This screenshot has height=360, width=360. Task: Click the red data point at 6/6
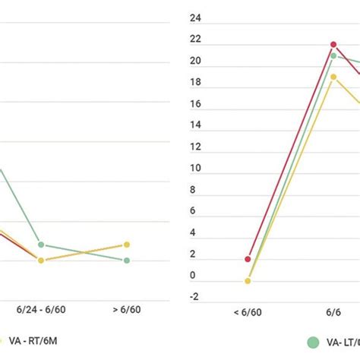click(x=333, y=45)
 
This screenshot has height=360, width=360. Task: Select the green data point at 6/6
click(x=333, y=55)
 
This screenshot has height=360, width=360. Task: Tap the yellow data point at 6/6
click(x=333, y=77)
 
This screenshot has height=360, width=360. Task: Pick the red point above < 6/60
click(x=248, y=259)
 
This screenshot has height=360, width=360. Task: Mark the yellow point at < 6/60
click(x=248, y=280)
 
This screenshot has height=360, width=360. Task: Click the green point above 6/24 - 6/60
click(x=41, y=245)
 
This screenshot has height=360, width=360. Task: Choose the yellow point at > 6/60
click(x=127, y=245)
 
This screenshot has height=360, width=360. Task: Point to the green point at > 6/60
click(x=127, y=261)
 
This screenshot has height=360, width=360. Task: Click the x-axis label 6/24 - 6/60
click(x=41, y=310)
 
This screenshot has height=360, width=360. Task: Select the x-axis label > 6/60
click(x=127, y=310)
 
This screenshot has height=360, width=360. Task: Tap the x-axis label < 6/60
click(x=248, y=311)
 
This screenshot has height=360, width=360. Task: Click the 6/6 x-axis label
click(x=333, y=311)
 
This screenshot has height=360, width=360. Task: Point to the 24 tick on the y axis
click(x=194, y=17)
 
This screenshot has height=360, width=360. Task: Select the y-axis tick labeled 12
click(x=194, y=147)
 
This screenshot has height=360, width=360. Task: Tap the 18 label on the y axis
click(x=194, y=82)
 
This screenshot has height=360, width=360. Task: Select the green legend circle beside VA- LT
click(x=313, y=342)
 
